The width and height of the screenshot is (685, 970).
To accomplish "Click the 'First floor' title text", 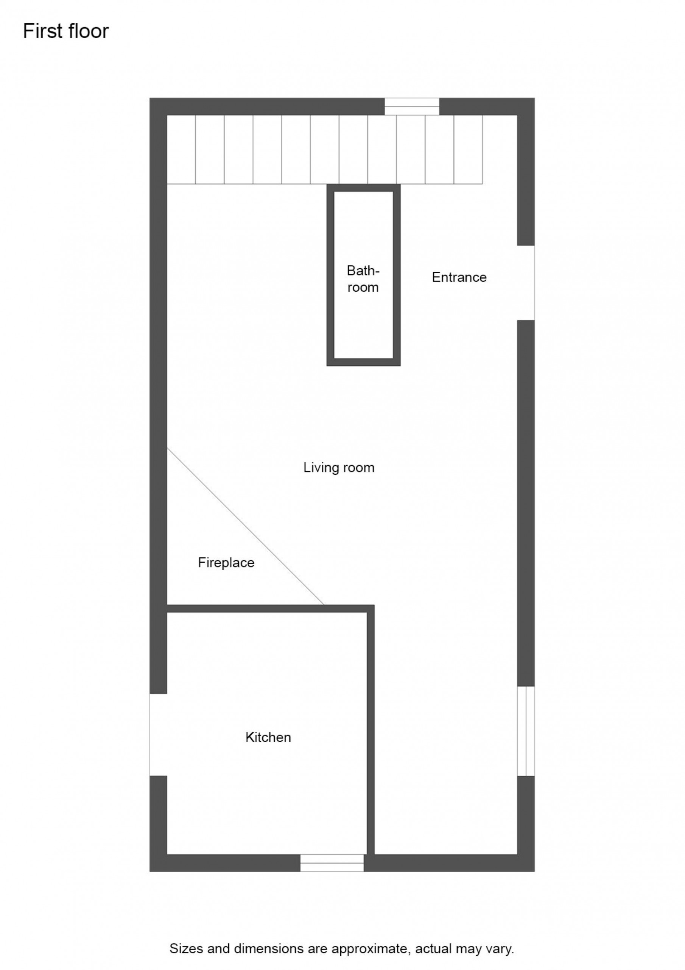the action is point(66,31).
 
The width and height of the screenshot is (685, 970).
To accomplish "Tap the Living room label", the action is point(339,467).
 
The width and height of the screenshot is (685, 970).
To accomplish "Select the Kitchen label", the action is point(268,737).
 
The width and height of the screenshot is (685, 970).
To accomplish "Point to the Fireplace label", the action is point(226,562).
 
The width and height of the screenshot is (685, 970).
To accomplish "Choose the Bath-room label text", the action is point(363,279).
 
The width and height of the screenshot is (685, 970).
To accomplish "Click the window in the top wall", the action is point(411,106).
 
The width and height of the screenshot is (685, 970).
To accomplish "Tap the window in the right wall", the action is point(526,731).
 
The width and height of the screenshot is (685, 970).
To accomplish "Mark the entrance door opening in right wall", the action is point(526,283).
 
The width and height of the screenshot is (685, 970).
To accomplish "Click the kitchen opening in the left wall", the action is point(158,735).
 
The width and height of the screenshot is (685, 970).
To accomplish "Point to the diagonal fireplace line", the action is point(246,526).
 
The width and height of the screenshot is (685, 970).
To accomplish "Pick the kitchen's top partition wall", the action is point(271,609).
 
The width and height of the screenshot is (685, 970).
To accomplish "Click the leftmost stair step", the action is point(181,150).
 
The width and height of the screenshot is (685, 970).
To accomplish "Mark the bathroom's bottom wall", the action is point(363,362).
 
